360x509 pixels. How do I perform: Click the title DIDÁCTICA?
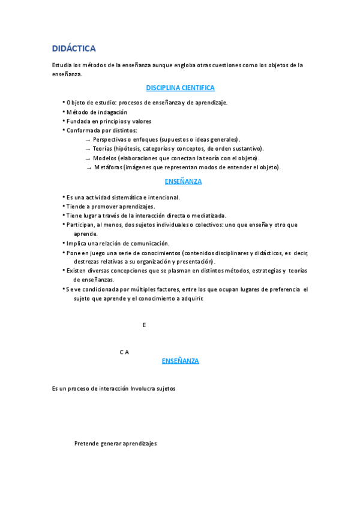coord(74,48)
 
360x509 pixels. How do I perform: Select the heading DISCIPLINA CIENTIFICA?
coord(180,88)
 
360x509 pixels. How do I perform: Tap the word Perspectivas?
coord(110,139)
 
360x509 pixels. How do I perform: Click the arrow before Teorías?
coord(88,149)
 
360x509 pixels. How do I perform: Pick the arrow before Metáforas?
coord(89,167)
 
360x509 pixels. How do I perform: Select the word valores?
coord(142,121)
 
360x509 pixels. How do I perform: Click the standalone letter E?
coord(144,325)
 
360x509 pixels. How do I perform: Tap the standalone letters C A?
coord(124,352)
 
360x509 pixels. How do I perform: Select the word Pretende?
coord(86,444)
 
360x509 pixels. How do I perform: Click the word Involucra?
coord(143,388)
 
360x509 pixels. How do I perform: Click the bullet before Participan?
coord(64,225)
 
